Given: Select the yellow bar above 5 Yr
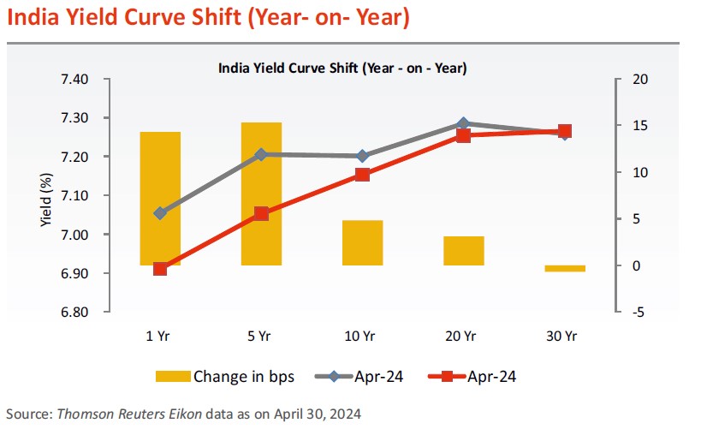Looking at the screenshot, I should (261, 194).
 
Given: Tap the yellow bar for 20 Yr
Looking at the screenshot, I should (464, 250).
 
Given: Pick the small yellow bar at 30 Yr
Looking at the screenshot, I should (565, 269).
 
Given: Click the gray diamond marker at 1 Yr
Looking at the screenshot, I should (160, 212).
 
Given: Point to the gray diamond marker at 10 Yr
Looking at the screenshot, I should (362, 156).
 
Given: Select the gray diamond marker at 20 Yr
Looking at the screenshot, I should (464, 123).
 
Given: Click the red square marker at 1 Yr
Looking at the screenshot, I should (160, 269).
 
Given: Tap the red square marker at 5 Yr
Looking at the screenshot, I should (261, 214).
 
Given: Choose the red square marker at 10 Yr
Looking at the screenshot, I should (362, 175).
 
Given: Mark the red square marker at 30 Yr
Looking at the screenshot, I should (565, 131).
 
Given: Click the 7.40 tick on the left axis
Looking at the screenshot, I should (74, 80).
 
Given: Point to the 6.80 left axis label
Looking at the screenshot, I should (74, 313).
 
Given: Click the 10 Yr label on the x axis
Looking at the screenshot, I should (362, 337).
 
